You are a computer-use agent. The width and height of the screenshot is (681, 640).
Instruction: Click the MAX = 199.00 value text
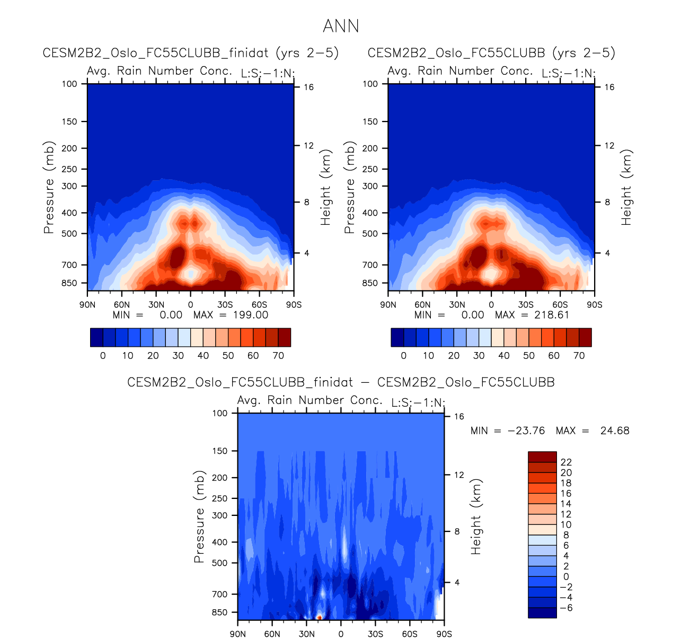click(231, 315)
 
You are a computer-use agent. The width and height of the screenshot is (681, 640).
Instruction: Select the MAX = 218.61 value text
click(532, 315)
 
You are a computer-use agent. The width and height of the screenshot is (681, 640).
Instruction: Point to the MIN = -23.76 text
click(507, 431)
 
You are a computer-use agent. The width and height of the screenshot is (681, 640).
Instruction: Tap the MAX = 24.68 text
click(592, 431)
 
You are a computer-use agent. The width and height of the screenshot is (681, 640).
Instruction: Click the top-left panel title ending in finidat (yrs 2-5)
click(191, 53)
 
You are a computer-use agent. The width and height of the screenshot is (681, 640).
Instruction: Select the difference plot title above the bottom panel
click(341, 382)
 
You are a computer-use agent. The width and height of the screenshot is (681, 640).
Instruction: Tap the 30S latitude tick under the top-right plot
click(526, 305)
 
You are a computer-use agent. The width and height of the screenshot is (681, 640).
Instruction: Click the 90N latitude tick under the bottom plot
click(238, 634)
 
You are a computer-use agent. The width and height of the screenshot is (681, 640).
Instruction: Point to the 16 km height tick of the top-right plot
click(609, 87)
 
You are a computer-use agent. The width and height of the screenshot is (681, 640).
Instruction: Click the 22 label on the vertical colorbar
click(566, 462)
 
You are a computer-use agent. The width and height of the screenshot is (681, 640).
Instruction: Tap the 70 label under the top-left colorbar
click(278, 356)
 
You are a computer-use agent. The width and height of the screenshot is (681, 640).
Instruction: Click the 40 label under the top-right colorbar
click(504, 356)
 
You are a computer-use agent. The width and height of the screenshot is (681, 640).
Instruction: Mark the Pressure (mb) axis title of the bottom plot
click(199, 516)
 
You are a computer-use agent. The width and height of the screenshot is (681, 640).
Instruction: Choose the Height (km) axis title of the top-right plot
click(627, 187)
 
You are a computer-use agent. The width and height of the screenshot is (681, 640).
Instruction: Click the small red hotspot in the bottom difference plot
click(319, 617)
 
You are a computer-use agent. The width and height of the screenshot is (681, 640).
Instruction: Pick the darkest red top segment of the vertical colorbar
click(542, 457)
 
